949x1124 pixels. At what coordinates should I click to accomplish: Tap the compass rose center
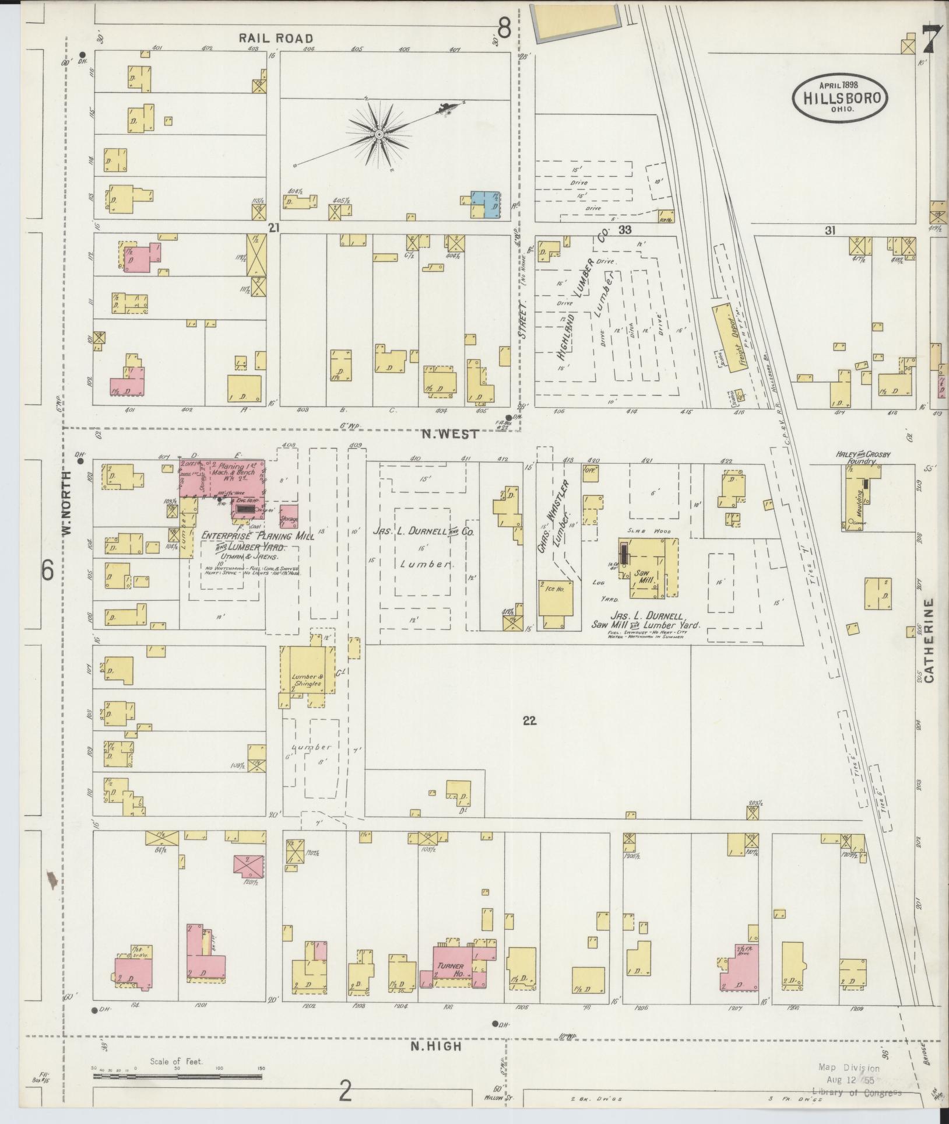coord(379,135)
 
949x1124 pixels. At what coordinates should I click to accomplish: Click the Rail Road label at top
coord(276,38)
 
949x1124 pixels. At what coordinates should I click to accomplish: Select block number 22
coord(529,721)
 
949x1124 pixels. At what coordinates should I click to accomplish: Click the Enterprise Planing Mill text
coord(257,536)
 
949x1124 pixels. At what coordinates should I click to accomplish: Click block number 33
coord(625,230)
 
